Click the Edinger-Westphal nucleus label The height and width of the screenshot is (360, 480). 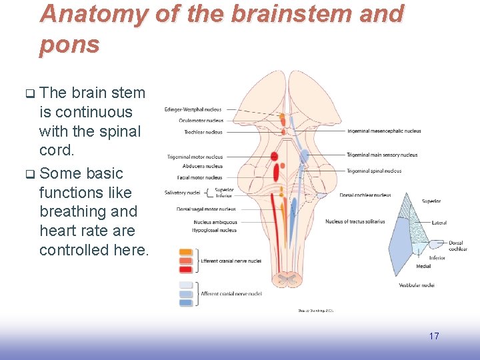(x=193, y=109)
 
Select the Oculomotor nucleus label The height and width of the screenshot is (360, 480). (x=201, y=121)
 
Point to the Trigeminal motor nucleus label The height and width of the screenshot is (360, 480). (x=195, y=157)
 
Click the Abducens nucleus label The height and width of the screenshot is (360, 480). (x=202, y=166)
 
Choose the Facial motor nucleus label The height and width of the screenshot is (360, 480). (x=200, y=177)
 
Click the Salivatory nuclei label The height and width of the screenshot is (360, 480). (x=182, y=193)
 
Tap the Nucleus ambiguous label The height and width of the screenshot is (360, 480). (x=215, y=222)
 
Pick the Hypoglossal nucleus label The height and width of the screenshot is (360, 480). (x=215, y=230)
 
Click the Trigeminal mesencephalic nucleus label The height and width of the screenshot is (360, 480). (x=383, y=131)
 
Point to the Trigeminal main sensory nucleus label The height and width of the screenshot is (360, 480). (x=382, y=155)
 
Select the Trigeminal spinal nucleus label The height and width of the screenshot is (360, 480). (x=374, y=171)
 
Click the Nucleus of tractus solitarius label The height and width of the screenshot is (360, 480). (x=355, y=221)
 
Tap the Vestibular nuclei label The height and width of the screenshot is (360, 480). (x=417, y=285)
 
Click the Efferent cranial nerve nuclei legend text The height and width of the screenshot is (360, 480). (x=231, y=261)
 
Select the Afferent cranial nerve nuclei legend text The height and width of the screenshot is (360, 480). (x=231, y=293)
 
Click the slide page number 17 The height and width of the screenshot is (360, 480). (x=434, y=336)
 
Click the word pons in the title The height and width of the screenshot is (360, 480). (x=69, y=45)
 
